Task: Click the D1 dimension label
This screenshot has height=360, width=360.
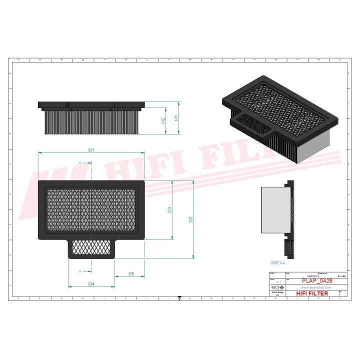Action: tap(91, 150)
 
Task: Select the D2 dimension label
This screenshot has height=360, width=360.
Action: tap(190, 219)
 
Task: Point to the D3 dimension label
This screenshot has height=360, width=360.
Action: tap(170, 209)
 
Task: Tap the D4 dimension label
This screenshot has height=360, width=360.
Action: tap(91, 284)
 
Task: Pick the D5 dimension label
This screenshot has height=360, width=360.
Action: tap(131, 273)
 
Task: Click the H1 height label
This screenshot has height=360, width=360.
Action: tap(176, 118)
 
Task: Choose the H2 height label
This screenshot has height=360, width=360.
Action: tap(163, 120)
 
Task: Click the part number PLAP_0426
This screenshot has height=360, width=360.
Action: tap(316, 281)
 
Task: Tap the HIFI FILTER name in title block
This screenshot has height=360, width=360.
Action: tap(312, 293)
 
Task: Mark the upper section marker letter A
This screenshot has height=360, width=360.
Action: tap(80, 163)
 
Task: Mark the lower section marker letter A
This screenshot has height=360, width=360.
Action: tap(80, 271)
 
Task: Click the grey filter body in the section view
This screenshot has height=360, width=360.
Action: tap(272, 210)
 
